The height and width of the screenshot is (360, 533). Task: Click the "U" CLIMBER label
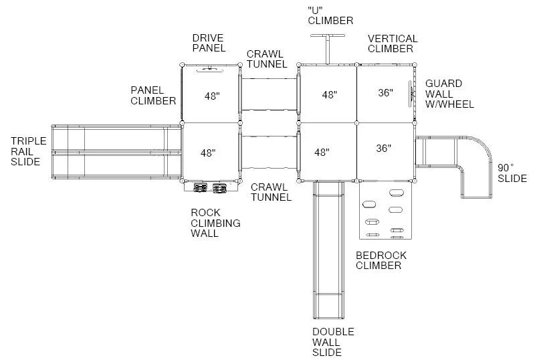(x=330, y=15)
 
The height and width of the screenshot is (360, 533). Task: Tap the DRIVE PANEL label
(x=209, y=43)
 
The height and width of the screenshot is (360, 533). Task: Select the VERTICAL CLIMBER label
(x=393, y=43)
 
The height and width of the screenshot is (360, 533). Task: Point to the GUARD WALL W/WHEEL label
(x=449, y=94)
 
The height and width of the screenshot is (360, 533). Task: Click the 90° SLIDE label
(x=512, y=173)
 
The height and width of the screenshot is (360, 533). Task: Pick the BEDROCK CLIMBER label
(x=381, y=260)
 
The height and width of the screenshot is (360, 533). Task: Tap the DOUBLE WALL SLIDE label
(x=333, y=342)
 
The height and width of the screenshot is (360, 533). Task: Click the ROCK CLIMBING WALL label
(x=215, y=223)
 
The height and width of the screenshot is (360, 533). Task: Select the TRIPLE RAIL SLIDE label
(x=28, y=151)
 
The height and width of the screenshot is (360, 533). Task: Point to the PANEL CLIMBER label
(x=153, y=96)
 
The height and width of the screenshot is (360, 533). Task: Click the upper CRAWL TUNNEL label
(x=267, y=59)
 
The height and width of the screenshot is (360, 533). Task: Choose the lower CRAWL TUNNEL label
(x=271, y=192)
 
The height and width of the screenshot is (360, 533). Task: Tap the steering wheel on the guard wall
(x=411, y=94)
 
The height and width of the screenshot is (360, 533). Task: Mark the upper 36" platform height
(x=385, y=92)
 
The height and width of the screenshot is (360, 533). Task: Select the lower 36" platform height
(x=383, y=149)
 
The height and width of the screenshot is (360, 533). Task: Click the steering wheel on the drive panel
(x=210, y=69)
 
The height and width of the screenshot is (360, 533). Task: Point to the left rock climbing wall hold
(x=201, y=188)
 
